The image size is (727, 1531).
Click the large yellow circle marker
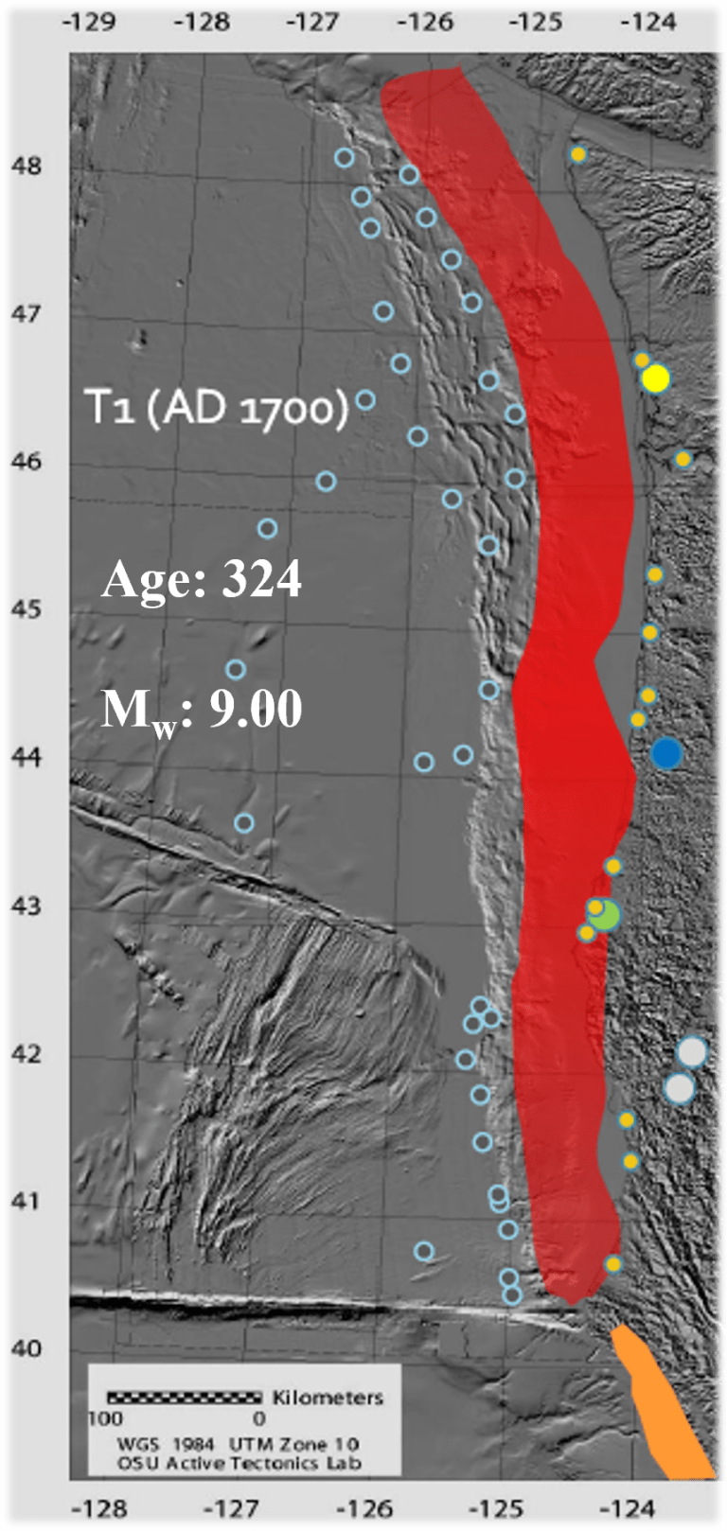pyautogui.click(x=655, y=378)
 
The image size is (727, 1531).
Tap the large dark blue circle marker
pyautogui.click(x=666, y=753)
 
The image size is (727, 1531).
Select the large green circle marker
pyautogui.click(x=604, y=916)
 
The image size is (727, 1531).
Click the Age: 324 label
pyautogui.click(x=202, y=579)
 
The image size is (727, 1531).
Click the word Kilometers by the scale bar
pyautogui.click(x=328, y=1398)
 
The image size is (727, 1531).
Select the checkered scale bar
pyautogui.click(x=184, y=1397)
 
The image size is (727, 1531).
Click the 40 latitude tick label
pyautogui.click(x=27, y=1347)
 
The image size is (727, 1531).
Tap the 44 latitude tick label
pyautogui.click(x=27, y=757)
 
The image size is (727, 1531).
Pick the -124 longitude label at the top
pyautogui.click(x=650, y=21)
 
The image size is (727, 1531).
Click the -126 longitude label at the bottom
pyautogui.click(x=364, y=1507)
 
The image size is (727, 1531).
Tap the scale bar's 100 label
pyautogui.click(x=104, y=1418)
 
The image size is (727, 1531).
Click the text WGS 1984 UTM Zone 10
pyautogui.click(x=238, y=1444)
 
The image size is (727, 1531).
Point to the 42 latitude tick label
pyautogui.click(x=27, y=1053)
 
